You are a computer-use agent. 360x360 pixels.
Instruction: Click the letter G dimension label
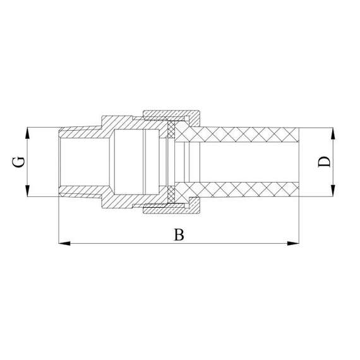[20, 162]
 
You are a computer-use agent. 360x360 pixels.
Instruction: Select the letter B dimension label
[179, 235]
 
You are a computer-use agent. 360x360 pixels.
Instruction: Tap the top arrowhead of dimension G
[28, 132]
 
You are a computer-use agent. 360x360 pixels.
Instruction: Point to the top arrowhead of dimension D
[333, 132]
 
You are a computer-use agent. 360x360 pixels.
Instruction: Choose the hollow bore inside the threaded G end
[82, 162]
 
